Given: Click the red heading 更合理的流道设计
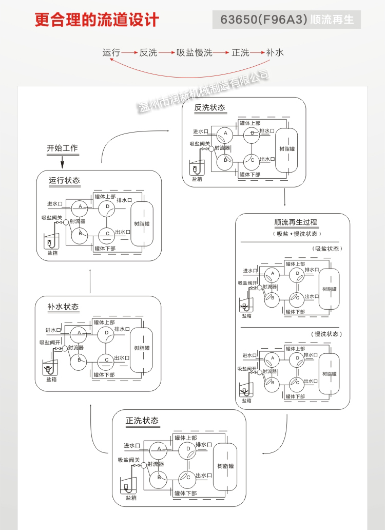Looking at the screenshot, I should tap(97, 20).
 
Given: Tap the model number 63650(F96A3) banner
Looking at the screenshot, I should tap(287, 20).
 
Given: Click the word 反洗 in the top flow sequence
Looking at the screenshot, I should tap(148, 52).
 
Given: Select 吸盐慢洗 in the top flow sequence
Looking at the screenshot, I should tap(195, 52).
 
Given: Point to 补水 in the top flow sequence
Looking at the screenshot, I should tap(275, 52).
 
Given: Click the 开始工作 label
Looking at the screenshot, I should tap(62, 148).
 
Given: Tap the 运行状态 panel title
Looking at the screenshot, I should tap(64, 180).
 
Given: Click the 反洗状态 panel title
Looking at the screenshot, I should tap(209, 108).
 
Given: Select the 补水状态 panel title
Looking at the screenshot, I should tap(63, 307).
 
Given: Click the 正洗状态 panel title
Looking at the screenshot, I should tap(142, 421).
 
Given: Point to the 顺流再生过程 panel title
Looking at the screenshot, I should tap(296, 222).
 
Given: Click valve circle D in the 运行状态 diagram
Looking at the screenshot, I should tap(107, 207).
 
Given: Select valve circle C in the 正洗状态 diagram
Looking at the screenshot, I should tap(188, 478).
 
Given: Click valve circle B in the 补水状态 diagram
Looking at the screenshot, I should tap(79, 360).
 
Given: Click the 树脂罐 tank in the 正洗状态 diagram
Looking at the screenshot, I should tap(225, 466).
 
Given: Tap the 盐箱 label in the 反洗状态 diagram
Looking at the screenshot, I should tap(197, 179).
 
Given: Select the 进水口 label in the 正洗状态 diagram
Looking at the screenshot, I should tap(132, 445).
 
